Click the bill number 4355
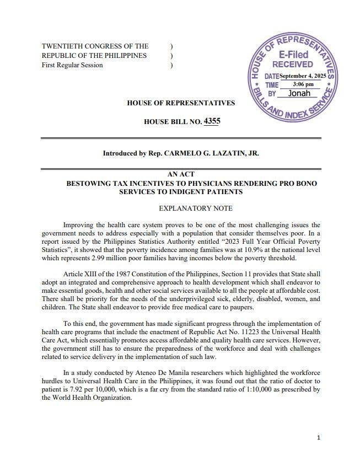tap(211, 121)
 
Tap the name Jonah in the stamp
tap(299, 93)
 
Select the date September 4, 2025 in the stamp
tap(303, 76)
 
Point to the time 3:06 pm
tap(303, 84)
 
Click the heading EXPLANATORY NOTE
tap(196, 208)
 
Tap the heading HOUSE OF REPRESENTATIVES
tap(181, 103)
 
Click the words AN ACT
tap(181, 174)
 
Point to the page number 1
tap(319, 437)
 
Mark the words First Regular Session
tap(72, 65)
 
